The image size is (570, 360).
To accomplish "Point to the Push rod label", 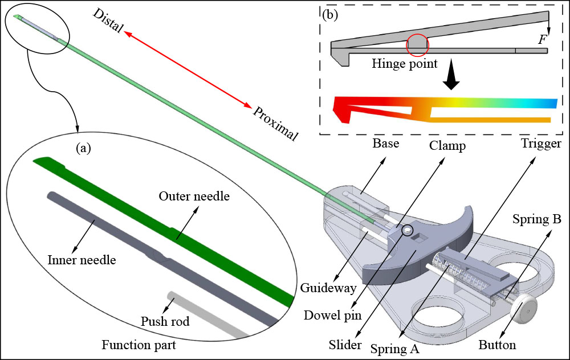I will click(x=165, y=322).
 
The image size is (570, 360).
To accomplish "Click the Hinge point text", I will click(x=404, y=64).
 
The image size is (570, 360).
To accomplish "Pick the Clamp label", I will click(x=447, y=145).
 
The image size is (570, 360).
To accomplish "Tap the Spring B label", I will click(x=536, y=219).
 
